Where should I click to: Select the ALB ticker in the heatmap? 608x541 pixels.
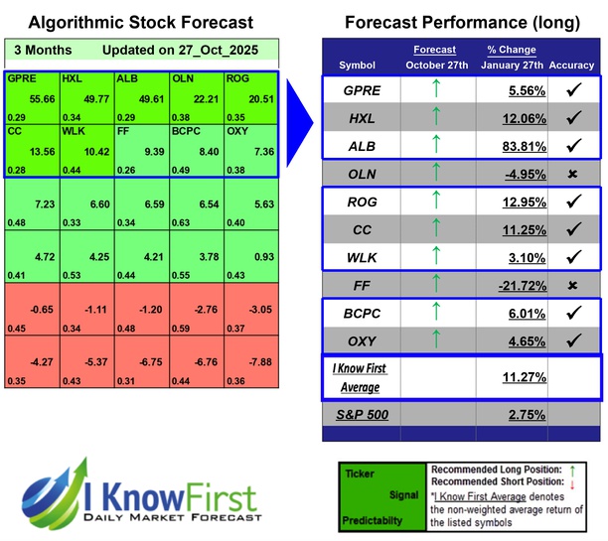click(x=127, y=78)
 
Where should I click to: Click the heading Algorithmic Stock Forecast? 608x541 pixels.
click(x=140, y=22)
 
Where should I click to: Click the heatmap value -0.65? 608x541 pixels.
click(x=45, y=309)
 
